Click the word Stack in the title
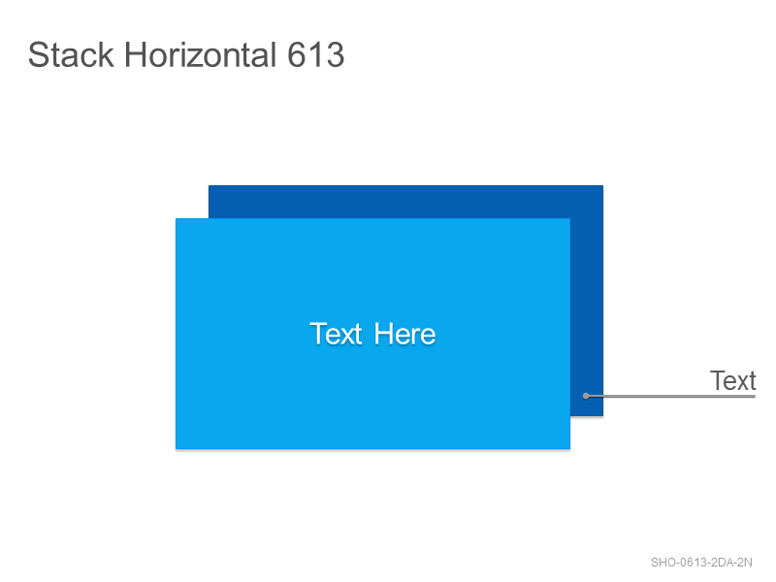point(71,54)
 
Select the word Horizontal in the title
point(200,54)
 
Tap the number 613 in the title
point(316,54)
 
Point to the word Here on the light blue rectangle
point(404,334)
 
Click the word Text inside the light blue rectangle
point(336,334)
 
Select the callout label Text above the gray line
point(733,380)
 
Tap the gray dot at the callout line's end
point(586,396)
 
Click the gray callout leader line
point(670,396)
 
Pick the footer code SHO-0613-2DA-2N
point(701,563)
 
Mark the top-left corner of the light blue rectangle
point(176,218)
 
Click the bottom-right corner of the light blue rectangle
point(570,449)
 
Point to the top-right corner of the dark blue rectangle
point(602,185)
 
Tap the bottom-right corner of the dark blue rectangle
point(602,416)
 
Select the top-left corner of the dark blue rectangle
point(209,185)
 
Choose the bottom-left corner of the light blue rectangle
point(176,449)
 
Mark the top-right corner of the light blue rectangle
point(570,218)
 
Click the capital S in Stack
point(38,54)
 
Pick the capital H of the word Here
point(383,334)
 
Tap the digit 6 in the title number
point(297,54)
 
